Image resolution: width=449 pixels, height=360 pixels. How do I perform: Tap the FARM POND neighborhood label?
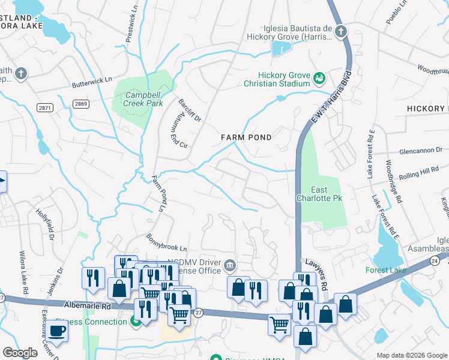(x=246, y=137)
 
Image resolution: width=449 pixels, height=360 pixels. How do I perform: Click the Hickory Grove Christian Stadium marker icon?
(x=319, y=79)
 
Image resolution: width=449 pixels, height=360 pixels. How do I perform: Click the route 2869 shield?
(x=81, y=104)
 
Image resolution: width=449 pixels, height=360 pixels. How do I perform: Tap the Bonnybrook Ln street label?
(x=167, y=243)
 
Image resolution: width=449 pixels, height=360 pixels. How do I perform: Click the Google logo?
(x=20, y=353)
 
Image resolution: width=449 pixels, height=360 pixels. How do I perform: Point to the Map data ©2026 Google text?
(x=412, y=355)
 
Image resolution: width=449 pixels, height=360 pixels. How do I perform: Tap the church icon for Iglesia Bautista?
(x=341, y=31)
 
